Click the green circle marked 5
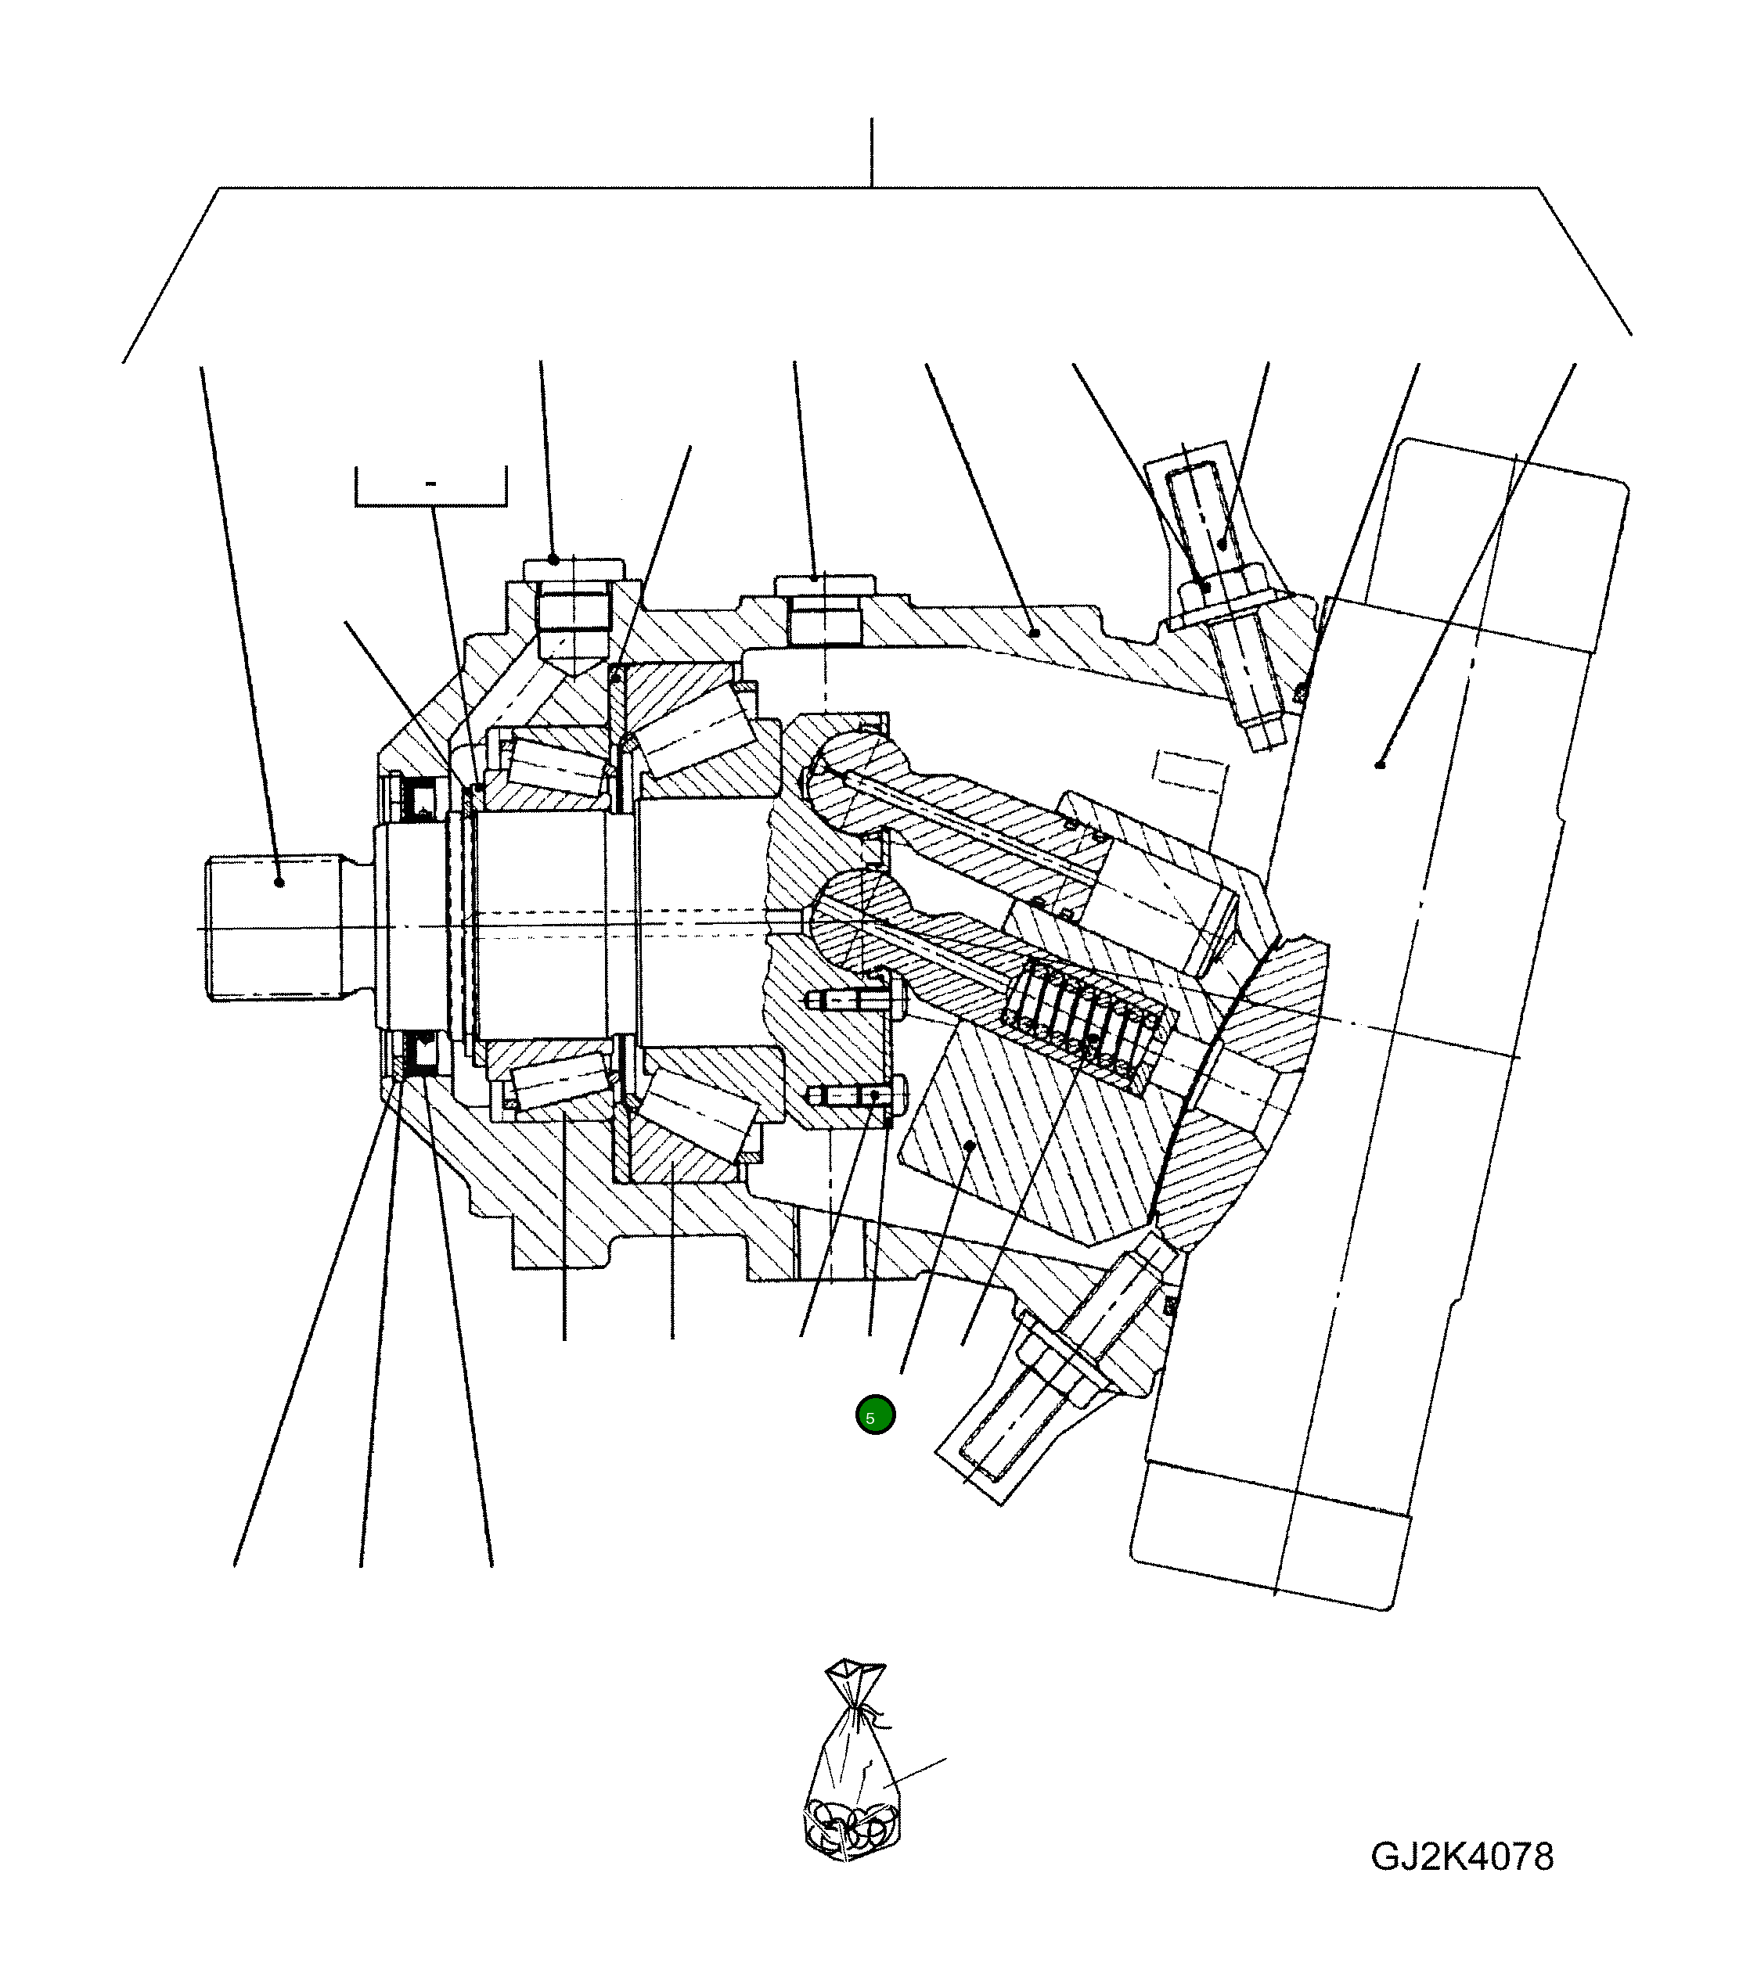click(x=874, y=1416)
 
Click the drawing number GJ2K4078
click(x=1461, y=1856)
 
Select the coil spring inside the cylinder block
click(x=1089, y=1021)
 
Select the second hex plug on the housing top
click(x=825, y=608)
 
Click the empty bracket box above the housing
click(x=431, y=487)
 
